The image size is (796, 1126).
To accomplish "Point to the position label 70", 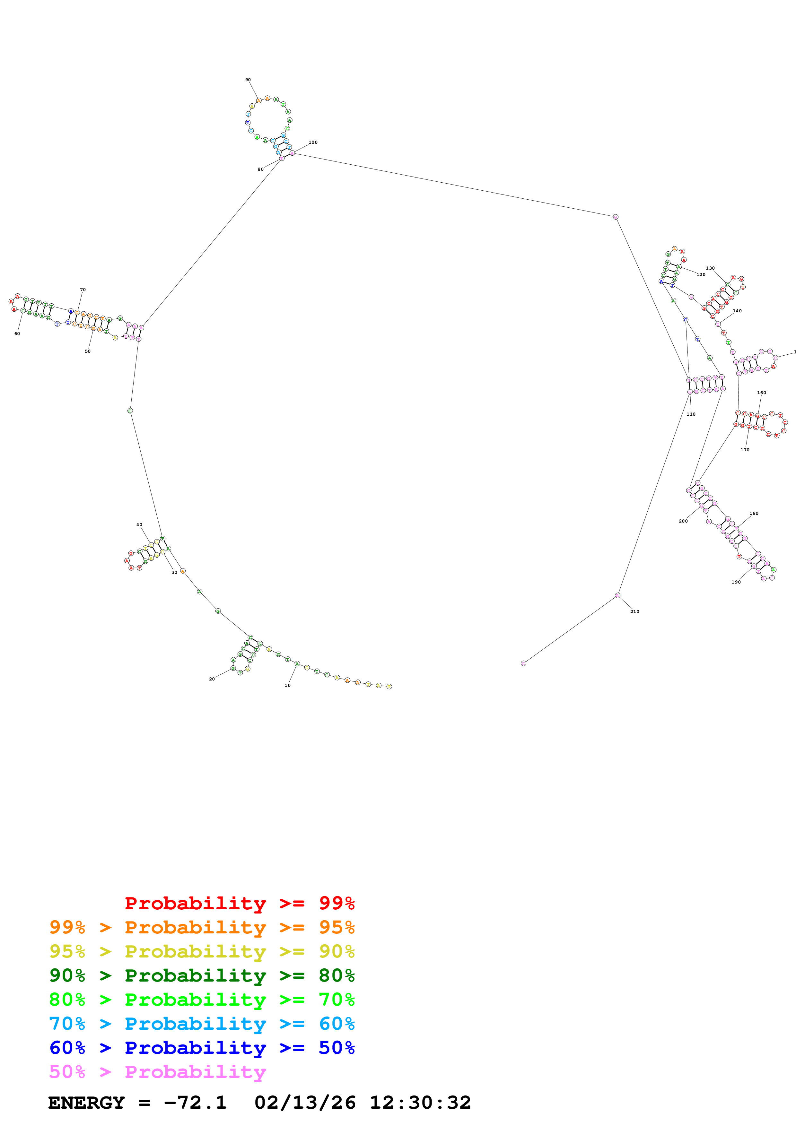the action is tap(83, 290).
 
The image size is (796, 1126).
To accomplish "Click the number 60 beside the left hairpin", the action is tap(17, 334).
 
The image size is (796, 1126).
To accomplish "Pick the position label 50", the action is tap(88, 351).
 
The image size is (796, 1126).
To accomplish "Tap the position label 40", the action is tap(139, 525).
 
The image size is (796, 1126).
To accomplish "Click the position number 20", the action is tap(212, 679).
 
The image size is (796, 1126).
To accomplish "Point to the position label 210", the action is tap(634, 611).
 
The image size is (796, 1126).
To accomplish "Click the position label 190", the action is tap(736, 582).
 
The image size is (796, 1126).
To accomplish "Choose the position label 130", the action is tap(710, 268).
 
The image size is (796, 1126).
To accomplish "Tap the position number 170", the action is tap(745, 450).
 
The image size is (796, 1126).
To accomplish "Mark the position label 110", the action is tap(691, 414).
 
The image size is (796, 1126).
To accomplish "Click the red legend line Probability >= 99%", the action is tap(239, 903).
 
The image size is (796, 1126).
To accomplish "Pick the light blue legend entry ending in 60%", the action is tap(202, 1024).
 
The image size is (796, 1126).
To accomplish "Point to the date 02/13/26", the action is tap(305, 1103).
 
